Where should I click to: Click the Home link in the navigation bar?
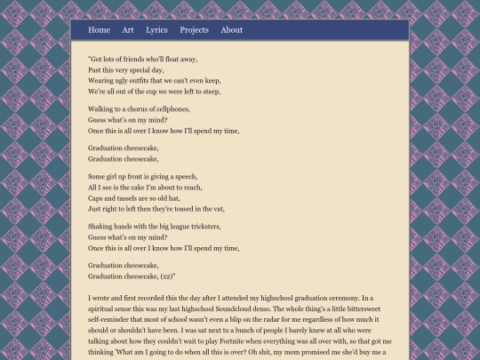[x=99, y=30]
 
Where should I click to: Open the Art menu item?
[x=128, y=30]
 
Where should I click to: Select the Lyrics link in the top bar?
[x=156, y=30]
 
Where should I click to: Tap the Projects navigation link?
[x=194, y=30]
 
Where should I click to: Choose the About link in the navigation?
[x=231, y=30]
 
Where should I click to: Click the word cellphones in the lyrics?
[x=172, y=108]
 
